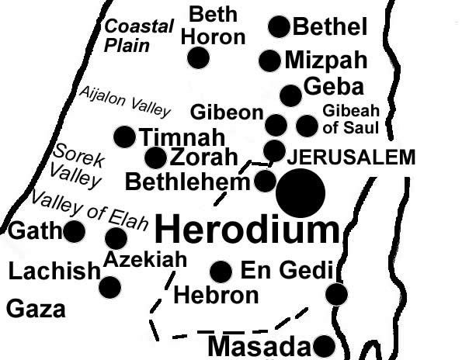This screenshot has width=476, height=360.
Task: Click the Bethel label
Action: click(329, 28)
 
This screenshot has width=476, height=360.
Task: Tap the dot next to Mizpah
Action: click(269, 61)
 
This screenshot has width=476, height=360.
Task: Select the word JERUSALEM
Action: click(352, 158)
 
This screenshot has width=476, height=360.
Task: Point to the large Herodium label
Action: click(247, 230)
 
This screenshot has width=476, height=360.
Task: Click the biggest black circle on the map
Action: click(301, 193)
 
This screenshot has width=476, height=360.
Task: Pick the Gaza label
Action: click(36, 310)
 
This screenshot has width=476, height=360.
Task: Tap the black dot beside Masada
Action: click(324, 346)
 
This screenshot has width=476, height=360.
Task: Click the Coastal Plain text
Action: click(139, 36)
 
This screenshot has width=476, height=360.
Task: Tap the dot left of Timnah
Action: click(124, 137)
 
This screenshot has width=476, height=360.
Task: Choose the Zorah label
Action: click(203, 157)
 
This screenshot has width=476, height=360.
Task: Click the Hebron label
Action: click(216, 296)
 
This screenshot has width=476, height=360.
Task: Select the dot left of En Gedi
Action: click(221, 272)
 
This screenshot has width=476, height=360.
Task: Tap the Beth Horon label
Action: click(217, 24)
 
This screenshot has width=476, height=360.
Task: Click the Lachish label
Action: click(54, 271)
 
